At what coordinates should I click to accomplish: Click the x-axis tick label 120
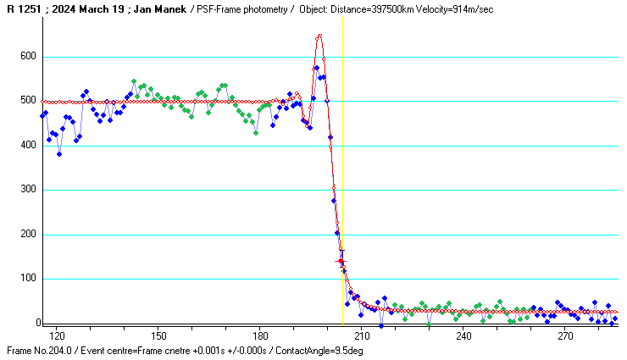point(57,335)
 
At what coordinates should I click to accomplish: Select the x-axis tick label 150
point(158,335)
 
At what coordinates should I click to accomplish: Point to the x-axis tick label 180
point(260,335)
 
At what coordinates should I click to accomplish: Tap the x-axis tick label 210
point(362,335)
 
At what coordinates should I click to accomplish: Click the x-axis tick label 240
point(463,335)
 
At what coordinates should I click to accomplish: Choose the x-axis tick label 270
point(565,335)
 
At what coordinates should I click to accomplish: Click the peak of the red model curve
point(319,36)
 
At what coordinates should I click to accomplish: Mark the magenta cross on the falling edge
point(341,262)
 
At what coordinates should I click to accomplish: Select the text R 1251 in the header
point(21,8)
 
